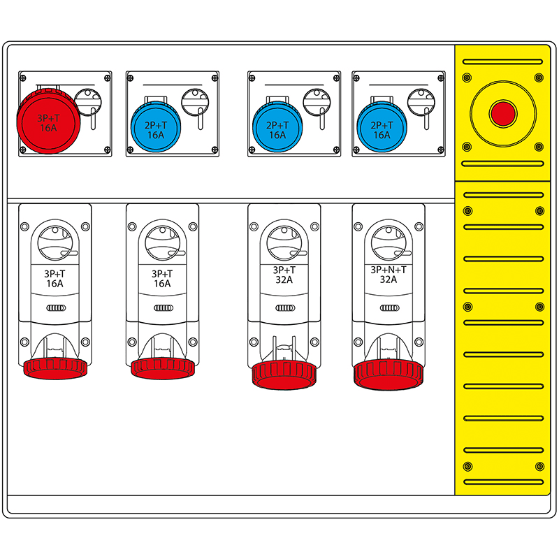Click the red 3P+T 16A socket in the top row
click(48, 120)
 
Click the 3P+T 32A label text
click(284, 274)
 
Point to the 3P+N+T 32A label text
click(389, 274)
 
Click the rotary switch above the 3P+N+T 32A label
click(388, 242)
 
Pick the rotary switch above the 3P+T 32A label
click(284, 242)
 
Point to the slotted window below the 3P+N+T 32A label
click(388, 307)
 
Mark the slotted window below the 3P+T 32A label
click(284, 307)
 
